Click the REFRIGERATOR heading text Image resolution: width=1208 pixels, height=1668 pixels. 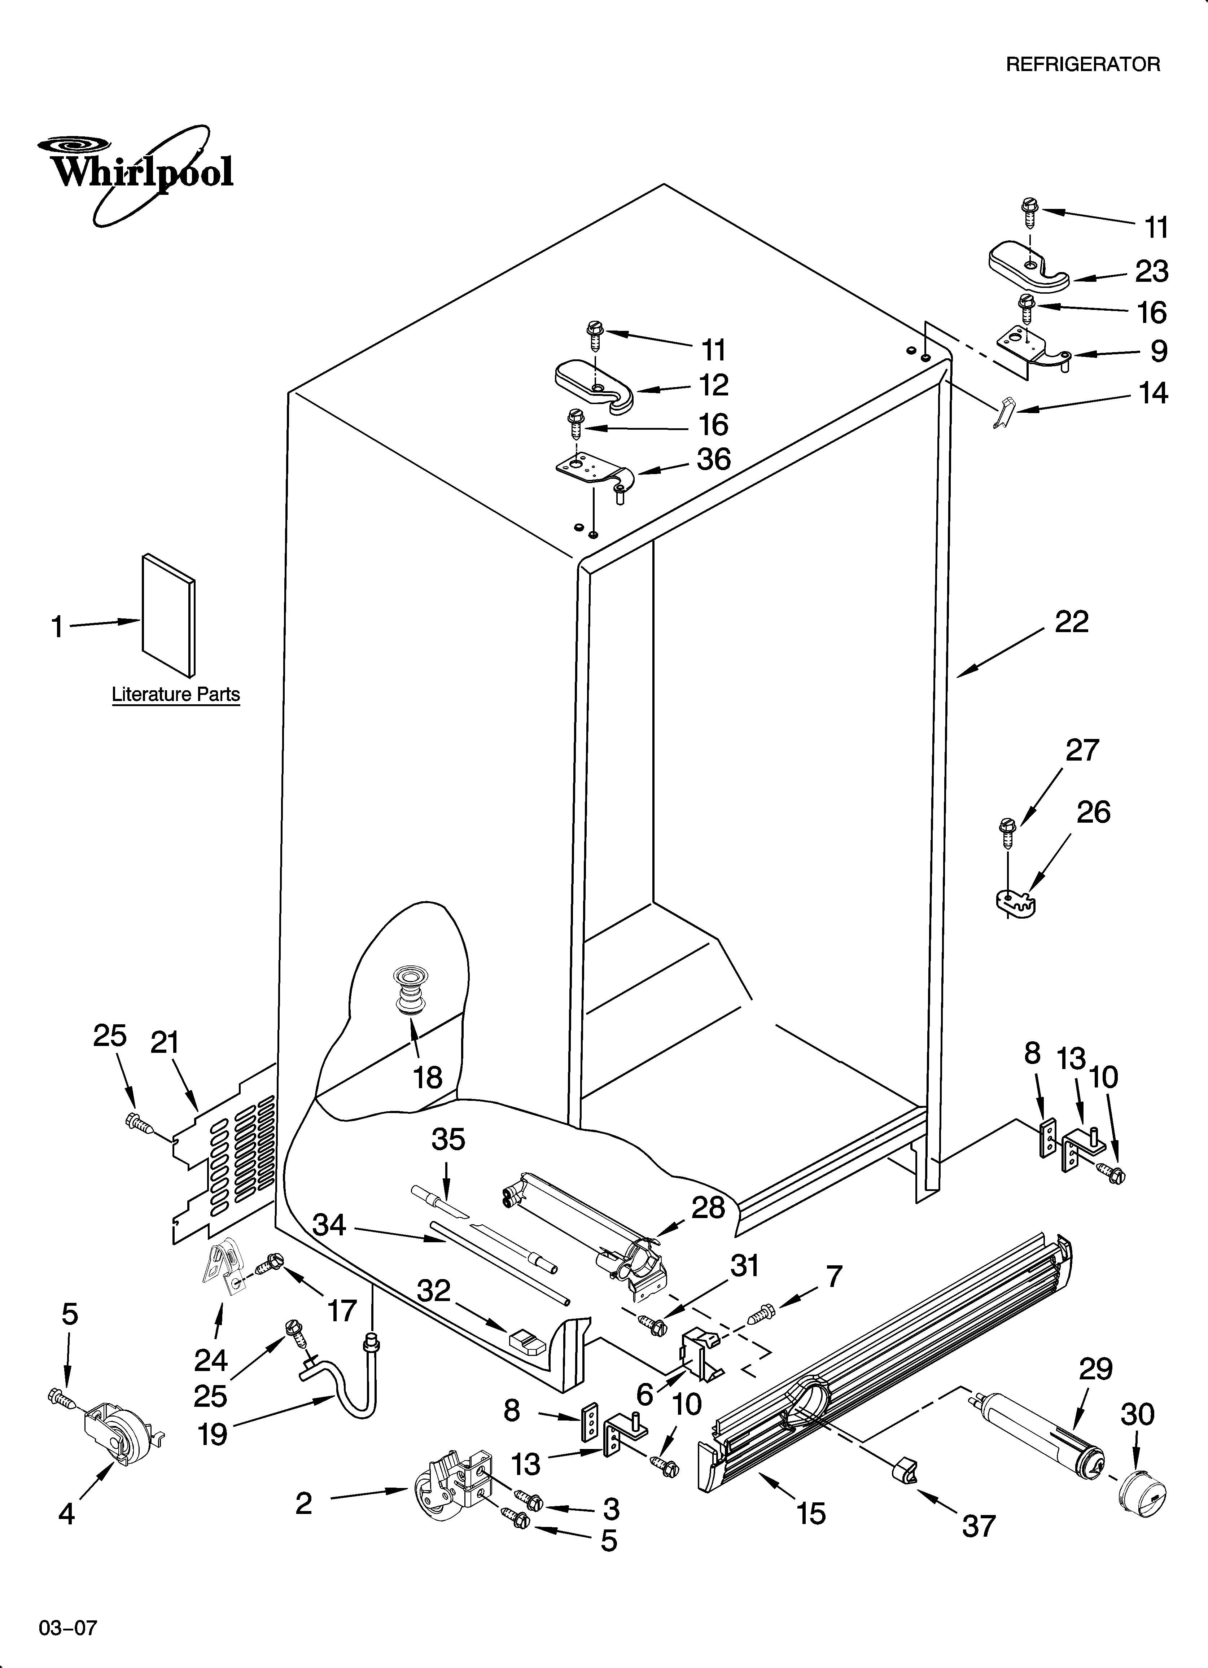(x=1083, y=65)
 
